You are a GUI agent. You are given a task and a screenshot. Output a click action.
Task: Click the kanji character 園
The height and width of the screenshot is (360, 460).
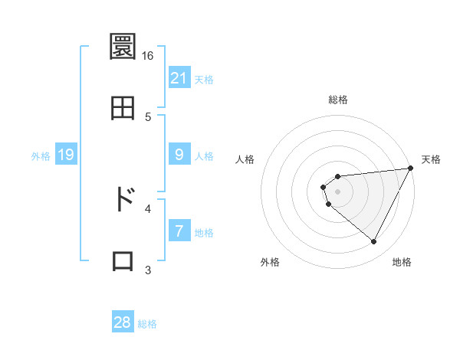123,49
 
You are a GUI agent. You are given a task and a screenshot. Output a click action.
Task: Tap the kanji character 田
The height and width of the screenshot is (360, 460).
123,108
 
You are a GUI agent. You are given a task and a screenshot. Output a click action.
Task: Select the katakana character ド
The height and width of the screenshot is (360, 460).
123,198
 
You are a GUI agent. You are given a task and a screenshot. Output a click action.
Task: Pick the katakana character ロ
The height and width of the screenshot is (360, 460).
123,260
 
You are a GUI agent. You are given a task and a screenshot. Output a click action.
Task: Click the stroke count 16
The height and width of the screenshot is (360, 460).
148,56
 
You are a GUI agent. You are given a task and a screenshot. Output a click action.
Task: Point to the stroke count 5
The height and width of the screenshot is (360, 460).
148,116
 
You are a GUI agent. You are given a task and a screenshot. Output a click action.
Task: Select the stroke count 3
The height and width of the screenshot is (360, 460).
148,270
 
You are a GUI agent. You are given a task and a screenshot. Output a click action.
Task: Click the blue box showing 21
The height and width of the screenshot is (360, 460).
179,78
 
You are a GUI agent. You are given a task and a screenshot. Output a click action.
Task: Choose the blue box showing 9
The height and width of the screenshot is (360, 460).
179,155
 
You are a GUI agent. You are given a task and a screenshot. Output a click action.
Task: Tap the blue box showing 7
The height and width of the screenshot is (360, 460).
179,231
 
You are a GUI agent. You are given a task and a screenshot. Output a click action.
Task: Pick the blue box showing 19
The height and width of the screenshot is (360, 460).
66,155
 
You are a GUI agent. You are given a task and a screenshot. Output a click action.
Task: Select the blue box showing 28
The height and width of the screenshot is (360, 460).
123,322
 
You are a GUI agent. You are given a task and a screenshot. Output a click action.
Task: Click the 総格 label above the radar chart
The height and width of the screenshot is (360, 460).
338,100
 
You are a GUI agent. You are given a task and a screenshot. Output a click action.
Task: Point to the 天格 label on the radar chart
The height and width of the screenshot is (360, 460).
431,160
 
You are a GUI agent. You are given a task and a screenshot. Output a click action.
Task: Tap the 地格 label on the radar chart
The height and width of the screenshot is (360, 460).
402,262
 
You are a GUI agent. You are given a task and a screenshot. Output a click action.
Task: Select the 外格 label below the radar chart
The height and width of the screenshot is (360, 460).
270,262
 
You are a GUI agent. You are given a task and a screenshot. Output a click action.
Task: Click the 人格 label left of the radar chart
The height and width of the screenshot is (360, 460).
245,160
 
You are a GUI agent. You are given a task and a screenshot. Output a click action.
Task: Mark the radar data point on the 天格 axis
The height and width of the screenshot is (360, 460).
410,169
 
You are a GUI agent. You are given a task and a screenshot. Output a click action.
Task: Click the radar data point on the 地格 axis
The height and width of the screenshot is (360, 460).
374,242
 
